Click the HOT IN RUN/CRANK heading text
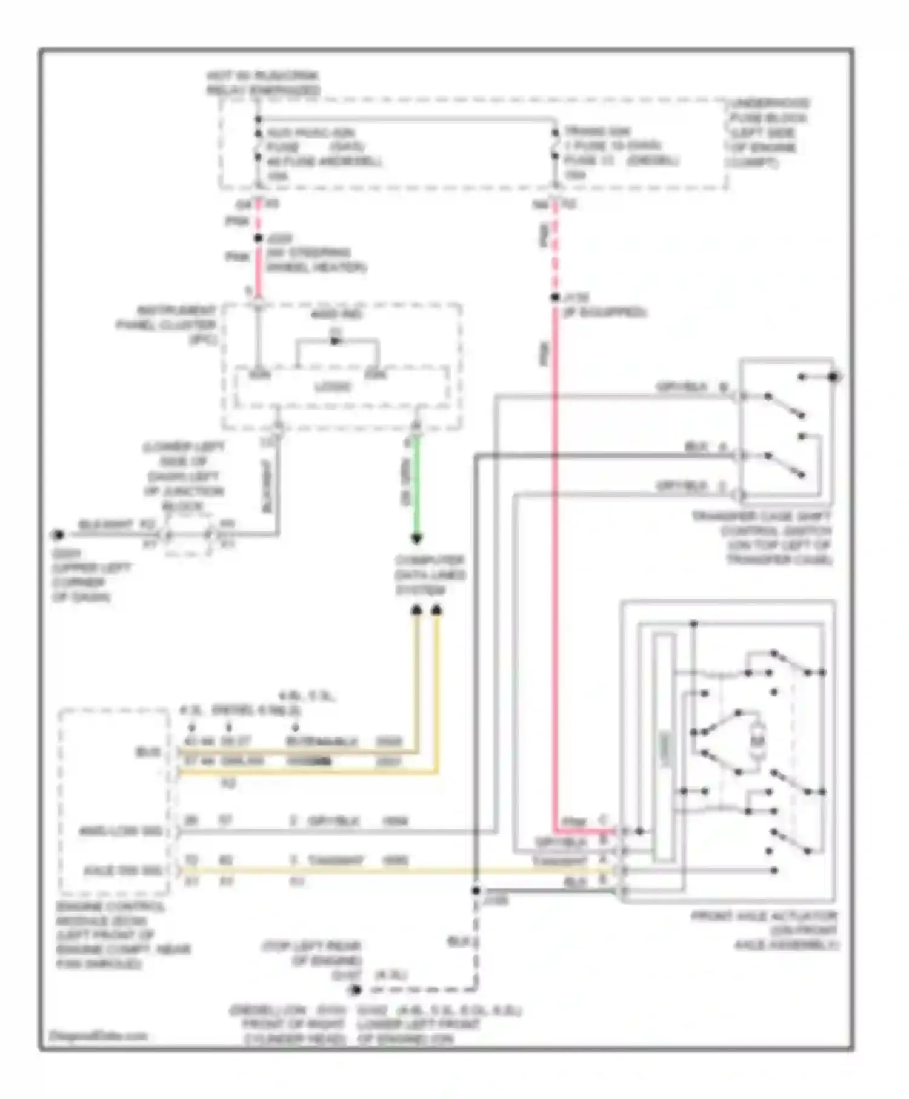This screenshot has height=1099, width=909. tap(262, 83)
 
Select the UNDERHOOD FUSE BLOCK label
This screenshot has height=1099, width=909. tap(768, 133)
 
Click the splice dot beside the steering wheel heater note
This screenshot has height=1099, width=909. tap(258, 239)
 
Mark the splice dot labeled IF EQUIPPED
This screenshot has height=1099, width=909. tap(554, 297)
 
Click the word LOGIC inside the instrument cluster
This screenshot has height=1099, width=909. tap(333, 387)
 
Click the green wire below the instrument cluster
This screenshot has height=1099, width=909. tap(416, 485)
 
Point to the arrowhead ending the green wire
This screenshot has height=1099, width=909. tap(416, 539)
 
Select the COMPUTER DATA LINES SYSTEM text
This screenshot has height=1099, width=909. tap(429, 575)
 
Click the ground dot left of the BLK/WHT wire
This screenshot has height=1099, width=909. tap(58, 534)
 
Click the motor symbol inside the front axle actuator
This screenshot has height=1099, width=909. tap(757, 740)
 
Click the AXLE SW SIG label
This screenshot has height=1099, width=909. tap(123, 871)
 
